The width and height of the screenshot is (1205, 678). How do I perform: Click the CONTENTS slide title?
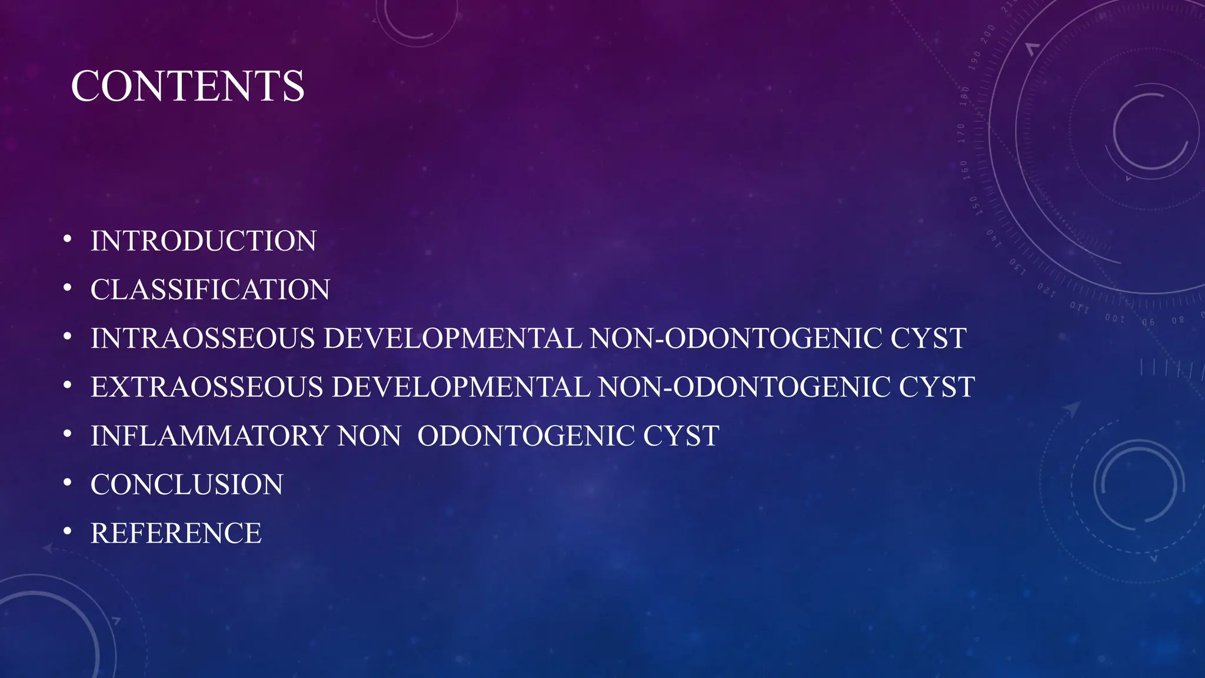point(187,86)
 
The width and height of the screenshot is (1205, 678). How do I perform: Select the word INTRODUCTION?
point(203,241)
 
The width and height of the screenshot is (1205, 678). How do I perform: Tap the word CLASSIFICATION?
point(210,290)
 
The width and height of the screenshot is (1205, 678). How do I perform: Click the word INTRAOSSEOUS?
point(202,339)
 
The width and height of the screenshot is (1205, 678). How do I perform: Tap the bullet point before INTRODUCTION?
point(68,240)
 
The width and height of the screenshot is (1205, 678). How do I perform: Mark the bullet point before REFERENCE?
point(68,532)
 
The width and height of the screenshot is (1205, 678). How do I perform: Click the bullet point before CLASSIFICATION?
point(68,288)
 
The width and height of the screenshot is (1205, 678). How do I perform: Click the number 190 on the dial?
point(976,61)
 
